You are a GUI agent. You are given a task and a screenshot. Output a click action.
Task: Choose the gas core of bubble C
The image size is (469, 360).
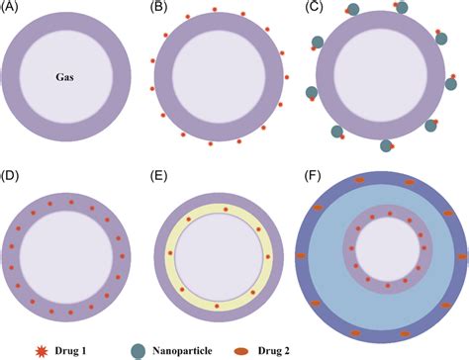377,79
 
